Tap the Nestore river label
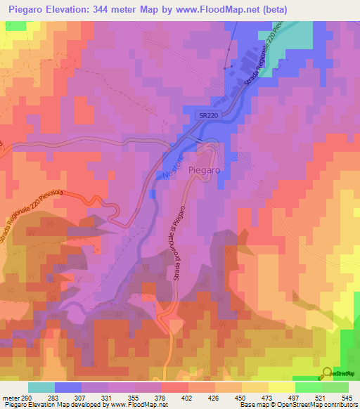coord(172,163)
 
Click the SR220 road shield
coord(202,115)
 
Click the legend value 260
coord(26,398)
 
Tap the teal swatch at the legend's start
coord(41,387)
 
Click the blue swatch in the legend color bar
coord(68,387)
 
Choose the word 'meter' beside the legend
coord(11,398)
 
